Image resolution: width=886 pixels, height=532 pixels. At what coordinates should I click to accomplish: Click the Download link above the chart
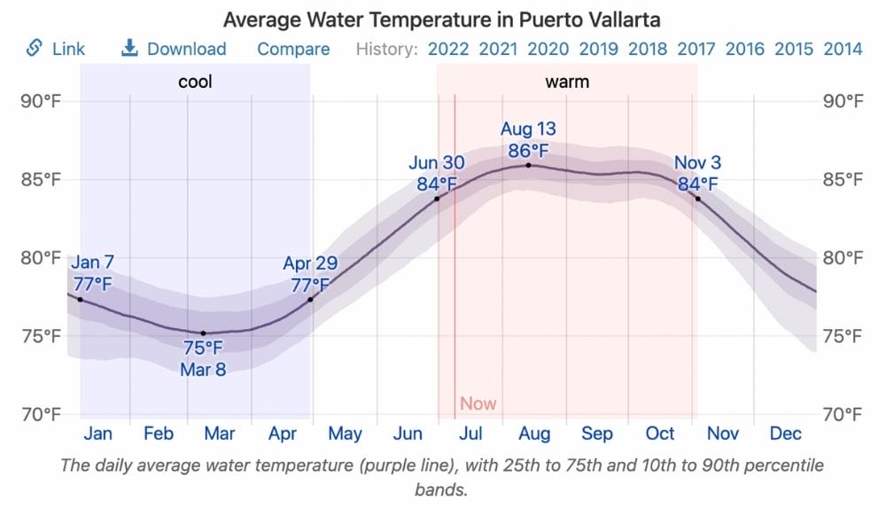(x=174, y=49)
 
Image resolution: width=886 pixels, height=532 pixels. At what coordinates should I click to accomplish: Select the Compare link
(x=293, y=49)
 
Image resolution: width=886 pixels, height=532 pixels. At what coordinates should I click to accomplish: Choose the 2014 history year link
(x=843, y=49)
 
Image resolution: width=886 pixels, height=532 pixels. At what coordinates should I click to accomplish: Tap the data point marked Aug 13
(x=529, y=165)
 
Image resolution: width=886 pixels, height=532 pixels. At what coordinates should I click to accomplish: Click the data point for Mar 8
(x=203, y=333)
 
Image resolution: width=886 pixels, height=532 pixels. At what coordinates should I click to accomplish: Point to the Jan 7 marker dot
(x=81, y=300)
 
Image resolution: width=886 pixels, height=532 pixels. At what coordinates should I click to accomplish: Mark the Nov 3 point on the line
(x=698, y=199)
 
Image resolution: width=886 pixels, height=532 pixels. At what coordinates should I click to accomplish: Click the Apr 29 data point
(x=310, y=300)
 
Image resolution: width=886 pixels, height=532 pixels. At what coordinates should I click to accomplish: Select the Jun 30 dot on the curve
(x=437, y=199)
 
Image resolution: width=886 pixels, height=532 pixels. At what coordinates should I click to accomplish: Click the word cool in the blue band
(x=195, y=83)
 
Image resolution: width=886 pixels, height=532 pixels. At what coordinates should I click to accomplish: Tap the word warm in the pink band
(x=567, y=83)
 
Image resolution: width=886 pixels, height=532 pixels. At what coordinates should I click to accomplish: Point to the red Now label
(x=478, y=404)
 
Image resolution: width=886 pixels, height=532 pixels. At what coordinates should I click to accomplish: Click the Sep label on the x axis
(x=597, y=434)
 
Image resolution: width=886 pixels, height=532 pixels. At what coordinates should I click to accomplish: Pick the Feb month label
(x=159, y=434)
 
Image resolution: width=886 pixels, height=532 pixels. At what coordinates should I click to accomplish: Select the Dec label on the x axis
(x=786, y=434)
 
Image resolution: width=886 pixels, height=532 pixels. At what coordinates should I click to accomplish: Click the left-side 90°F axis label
(x=41, y=101)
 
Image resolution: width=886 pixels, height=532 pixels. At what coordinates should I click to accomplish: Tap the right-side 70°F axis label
(x=843, y=414)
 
